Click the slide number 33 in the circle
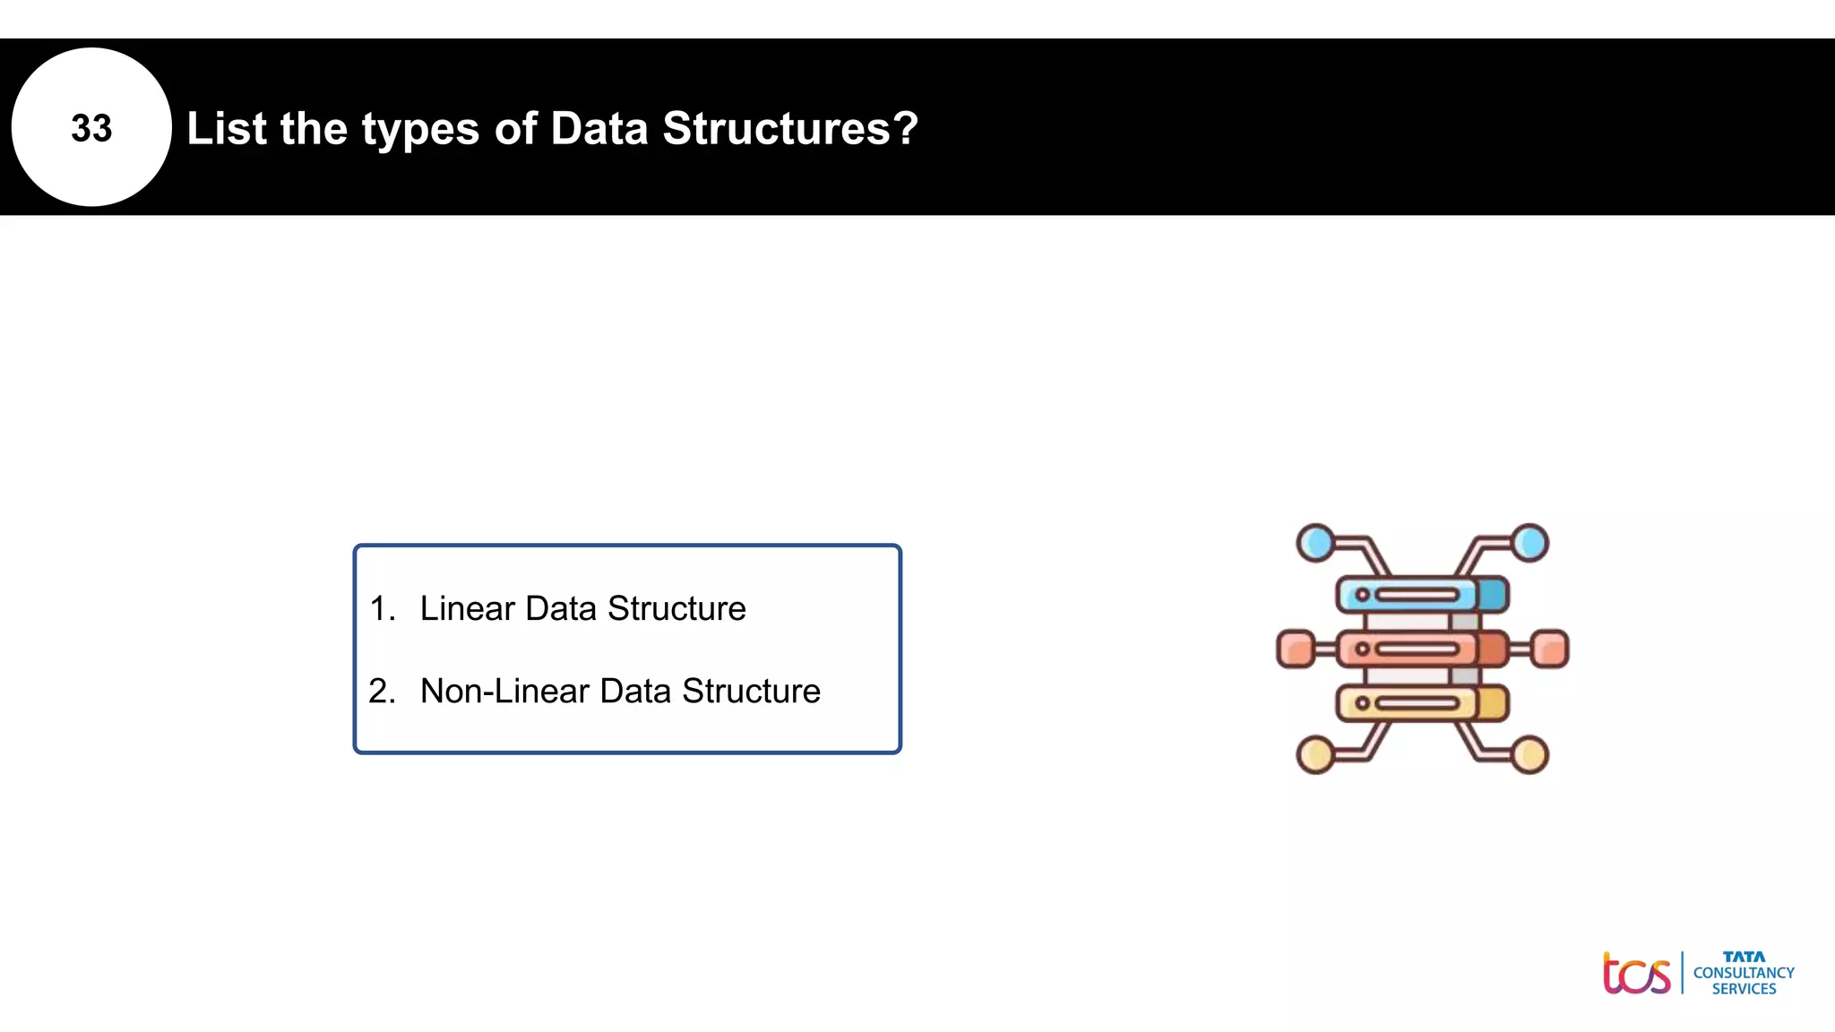(x=91, y=128)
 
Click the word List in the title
(x=227, y=128)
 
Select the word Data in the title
(x=599, y=128)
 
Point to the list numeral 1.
(x=381, y=608)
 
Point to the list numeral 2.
(x=381, y=691)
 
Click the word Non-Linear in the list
(x=504, y=691)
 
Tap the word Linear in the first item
(x=467, y=608)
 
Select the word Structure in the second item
(x=751, y=691)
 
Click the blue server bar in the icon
(x=1421, y=595)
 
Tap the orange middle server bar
(x=1421, y=649)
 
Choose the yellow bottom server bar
(x=1421, y=703)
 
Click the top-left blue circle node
(x=1315, y=543)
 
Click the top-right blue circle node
(x=1530, y=543)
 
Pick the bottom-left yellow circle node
(x=1315, y=754)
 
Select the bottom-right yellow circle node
(x=1530, y=754)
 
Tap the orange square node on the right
(x=1550, y=649)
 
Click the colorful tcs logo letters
(x=1636, y=974)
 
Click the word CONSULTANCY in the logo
(x=1744, y=973)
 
